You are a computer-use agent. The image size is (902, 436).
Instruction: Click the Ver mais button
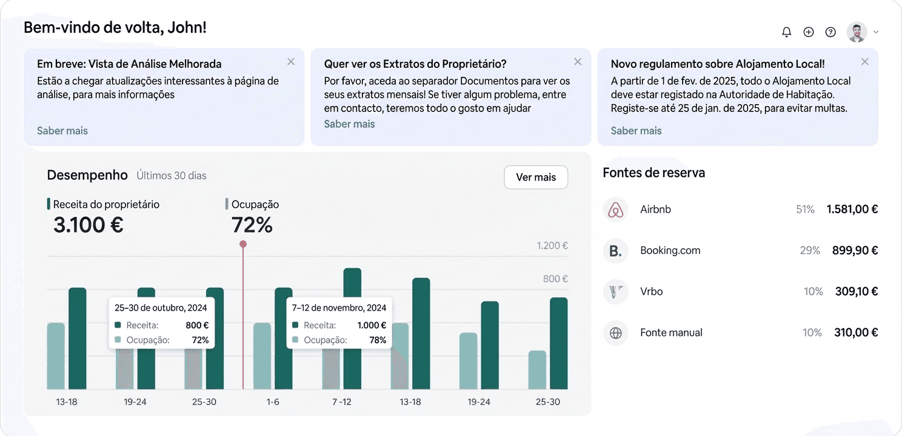tap(536, 177)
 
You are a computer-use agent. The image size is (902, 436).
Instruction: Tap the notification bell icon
tap(786, 32)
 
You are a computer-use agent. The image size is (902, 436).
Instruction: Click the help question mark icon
tap(830, 32)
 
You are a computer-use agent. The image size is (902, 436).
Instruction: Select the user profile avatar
tap(857, 32)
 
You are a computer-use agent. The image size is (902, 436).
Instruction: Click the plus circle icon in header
tap(808, 32)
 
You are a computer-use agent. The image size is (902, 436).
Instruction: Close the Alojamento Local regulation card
tap(864, 62)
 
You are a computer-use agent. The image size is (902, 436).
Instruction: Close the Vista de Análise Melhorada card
tap(291, 62)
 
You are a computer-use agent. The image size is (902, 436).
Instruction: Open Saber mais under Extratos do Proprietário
tap(349, 124)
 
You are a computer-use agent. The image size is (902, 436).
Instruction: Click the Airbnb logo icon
tap(615, 210)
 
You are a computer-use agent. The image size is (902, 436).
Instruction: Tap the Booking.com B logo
tap(615, 251)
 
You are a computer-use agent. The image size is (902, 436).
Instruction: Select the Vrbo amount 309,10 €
tap(856, 291)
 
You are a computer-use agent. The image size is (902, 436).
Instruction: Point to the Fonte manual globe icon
tap(615, 332)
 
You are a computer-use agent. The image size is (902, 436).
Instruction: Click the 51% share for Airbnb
tap(805, 210)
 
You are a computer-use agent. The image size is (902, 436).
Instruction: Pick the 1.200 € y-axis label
tap(552, 246)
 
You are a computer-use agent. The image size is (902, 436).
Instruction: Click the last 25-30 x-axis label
tap(547, 402)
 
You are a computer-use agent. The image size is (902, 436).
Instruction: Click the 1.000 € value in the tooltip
tap(372, 325)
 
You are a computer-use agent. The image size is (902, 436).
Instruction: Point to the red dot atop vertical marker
tap(243, 244)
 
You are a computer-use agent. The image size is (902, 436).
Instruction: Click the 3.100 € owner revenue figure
tap(89, 225)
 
